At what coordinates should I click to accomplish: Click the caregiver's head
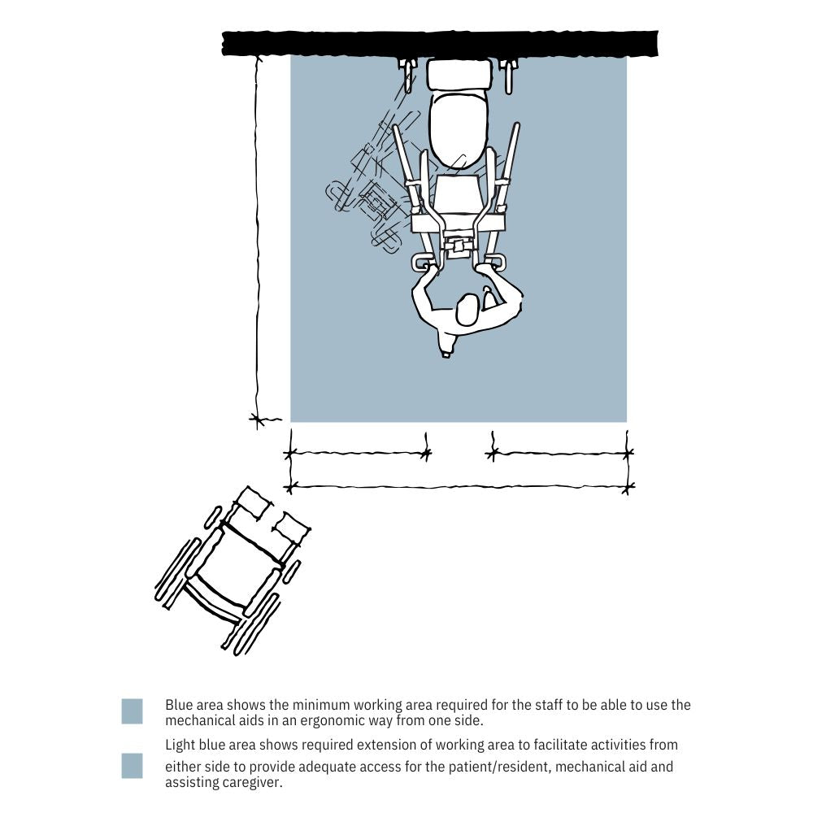tap(467, 310)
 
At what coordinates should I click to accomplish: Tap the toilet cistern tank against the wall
tap(459, 74)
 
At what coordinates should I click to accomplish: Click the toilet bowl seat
tap(459, 129)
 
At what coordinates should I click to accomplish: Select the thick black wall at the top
tap(440, 44)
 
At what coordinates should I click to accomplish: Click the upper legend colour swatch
tap(133, 711)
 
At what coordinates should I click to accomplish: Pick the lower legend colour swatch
tap(133, 766)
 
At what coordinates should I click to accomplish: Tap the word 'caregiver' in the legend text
tap(250, 782)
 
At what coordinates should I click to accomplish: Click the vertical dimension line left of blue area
tap(258, 238)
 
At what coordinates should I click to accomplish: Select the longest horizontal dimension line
tap(459, 487)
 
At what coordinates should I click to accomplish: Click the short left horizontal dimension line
tap(358, 454)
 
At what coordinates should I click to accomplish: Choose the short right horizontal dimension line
tap(560, 454)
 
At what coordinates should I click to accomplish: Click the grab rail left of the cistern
tap(409, 76)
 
